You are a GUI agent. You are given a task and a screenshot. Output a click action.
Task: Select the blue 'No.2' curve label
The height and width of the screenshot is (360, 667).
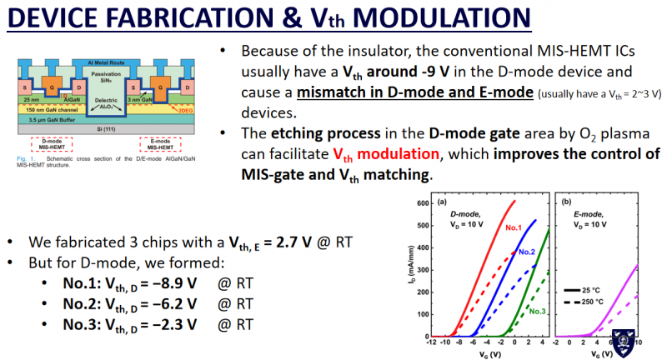[525, 251]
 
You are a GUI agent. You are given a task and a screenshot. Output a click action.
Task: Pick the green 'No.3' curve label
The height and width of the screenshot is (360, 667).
[539, 311]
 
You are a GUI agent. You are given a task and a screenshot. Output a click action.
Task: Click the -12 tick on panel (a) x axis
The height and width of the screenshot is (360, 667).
[429, 344]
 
